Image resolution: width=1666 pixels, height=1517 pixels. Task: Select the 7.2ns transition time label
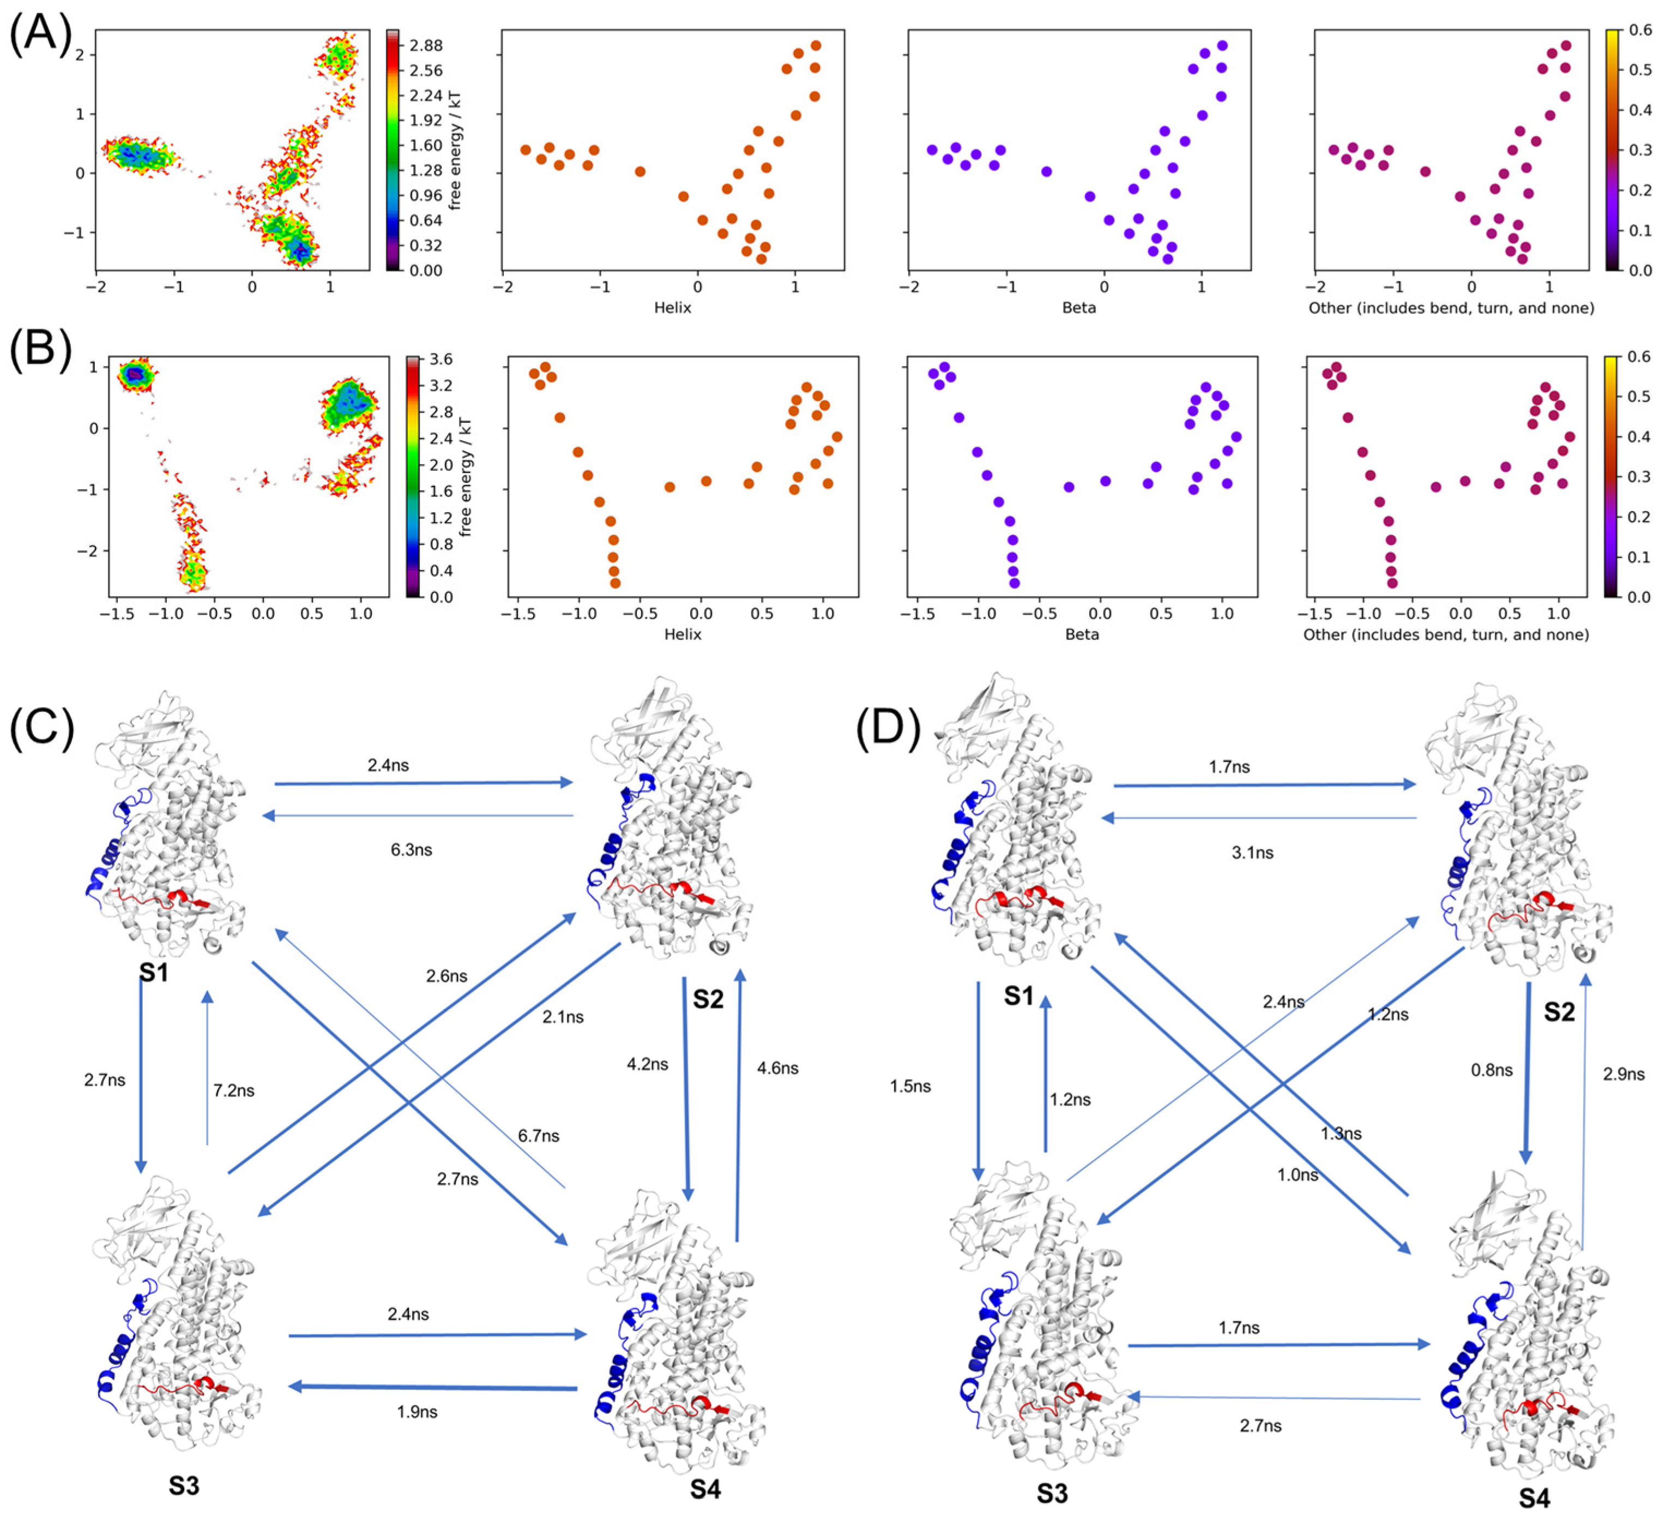(234, 1090)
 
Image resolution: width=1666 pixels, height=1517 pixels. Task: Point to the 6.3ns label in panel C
(412, 850)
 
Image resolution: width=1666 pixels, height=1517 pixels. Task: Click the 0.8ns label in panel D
(1492, 1070)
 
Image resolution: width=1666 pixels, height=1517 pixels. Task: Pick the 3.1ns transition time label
(1253, 853)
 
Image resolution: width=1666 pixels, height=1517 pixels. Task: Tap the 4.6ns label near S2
(777, 1068)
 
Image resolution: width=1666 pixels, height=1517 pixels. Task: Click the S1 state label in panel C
(154, 972)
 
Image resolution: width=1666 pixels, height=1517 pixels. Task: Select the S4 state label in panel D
(1535, 1497)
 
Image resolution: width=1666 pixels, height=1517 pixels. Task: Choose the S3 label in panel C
(184, 1485)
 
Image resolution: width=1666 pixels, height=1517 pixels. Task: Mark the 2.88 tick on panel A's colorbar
(426, 45)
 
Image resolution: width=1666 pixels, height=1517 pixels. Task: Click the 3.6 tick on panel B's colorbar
(441, 359)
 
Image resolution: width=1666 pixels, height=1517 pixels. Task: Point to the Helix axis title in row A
(673, 308)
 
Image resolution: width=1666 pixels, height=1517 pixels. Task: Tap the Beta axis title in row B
(1082, 634)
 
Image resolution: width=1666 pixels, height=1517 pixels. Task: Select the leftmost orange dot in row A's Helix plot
(526, 149)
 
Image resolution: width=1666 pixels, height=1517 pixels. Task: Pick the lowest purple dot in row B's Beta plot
(1015, 583)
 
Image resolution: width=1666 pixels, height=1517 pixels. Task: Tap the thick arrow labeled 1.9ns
(433, 1387)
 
